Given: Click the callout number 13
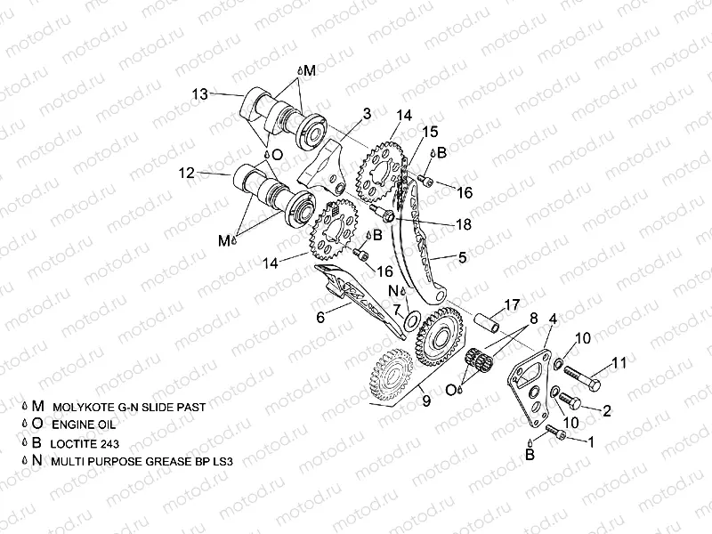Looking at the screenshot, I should (199, 93).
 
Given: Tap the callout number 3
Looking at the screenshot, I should (365, 113).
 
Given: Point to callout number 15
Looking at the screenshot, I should (430, 131).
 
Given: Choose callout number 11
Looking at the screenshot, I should (619, 362).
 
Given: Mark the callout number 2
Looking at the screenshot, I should (607, 410).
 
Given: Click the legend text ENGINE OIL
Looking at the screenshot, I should (83, 424).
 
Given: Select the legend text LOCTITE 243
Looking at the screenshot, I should (85, 442).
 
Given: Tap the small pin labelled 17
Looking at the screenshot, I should (488, 316).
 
